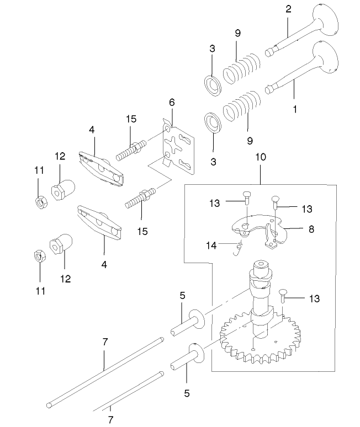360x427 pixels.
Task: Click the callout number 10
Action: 261,157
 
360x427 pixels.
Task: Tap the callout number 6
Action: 172,103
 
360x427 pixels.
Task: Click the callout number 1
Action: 295,109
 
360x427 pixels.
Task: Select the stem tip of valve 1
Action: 270,87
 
